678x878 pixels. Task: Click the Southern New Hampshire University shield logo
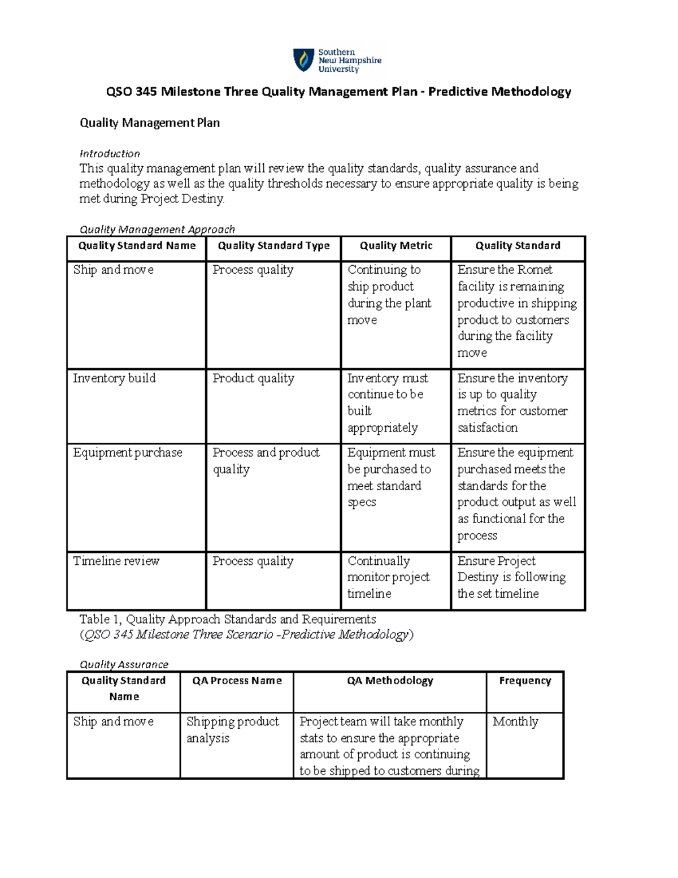[303, 60]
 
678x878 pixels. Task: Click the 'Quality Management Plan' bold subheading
[150, 123]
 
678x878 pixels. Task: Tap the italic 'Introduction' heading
[110, 154]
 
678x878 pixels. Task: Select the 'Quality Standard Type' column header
[273, 245]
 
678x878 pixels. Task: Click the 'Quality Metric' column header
[396, 245]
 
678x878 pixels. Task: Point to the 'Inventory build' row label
[114, 378]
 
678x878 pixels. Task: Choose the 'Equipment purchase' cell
[128, 452]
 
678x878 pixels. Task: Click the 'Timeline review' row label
[116, 561]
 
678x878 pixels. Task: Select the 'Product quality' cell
[253, 378]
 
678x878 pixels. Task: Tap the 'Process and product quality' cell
[266, 461]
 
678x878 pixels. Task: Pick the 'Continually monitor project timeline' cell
[388, 577]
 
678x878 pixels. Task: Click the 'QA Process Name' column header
[237, 681]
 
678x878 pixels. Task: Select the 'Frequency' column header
[525, 681]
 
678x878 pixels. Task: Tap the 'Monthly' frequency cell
[515, 721]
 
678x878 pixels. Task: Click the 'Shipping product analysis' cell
[232, 729]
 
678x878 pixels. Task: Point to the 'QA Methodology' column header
[390, 681]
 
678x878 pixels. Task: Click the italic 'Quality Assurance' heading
[124, 664]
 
